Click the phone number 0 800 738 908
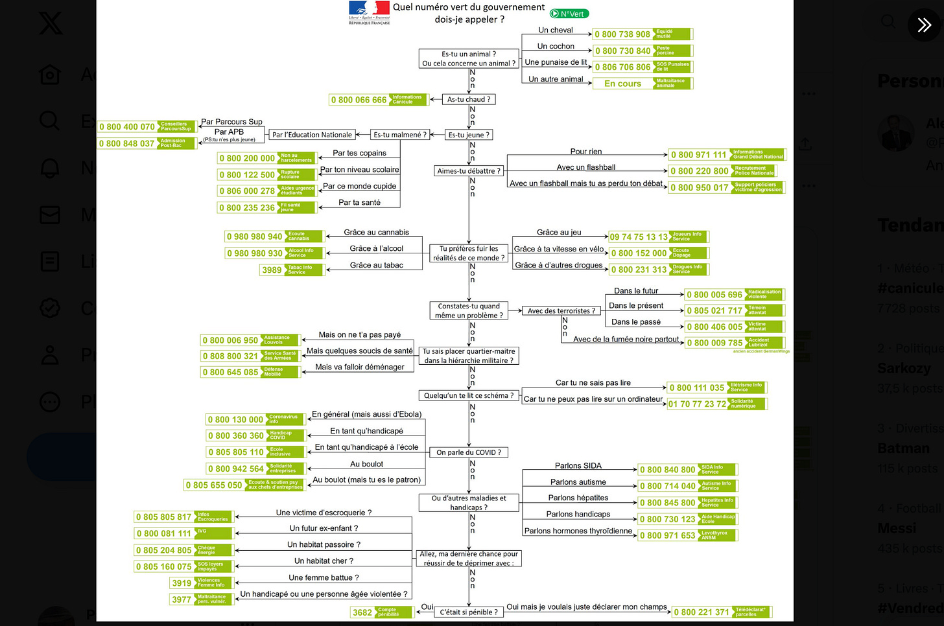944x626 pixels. pos(622,34)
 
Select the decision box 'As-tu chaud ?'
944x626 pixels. pos(469,99)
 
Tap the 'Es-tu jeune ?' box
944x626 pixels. pos(469,135)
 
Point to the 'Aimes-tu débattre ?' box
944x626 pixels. pos(468,171)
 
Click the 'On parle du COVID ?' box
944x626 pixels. pos(469,452)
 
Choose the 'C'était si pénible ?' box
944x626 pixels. pos(469,612)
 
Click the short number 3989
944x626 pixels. pos(272,270)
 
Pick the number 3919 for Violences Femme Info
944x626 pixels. pos(182,583)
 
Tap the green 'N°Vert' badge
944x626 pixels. pos(569,14)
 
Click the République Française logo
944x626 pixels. pos(369,12)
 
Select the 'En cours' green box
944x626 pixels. pos(622,84)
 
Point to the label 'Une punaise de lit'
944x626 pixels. pos(556,62)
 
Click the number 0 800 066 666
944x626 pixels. pos(359,100)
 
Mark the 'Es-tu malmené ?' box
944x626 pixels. pos(400,135)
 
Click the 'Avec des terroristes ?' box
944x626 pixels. pos(561,311)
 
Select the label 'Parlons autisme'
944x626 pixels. pos(578,482)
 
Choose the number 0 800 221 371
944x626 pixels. pos(701,612)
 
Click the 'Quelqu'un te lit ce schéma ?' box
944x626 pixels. pos(468,395)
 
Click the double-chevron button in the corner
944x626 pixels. pos(924,25)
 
